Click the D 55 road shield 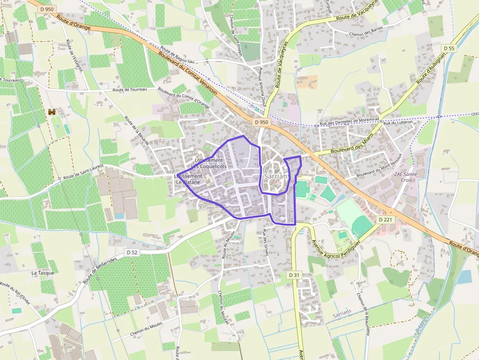[x=449, y=48]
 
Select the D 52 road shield [x=131, y=252]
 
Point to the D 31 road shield [x=294, y=275]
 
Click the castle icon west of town [x=52, y=112]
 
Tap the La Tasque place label [x=43, y=273]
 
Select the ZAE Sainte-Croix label [x=403, y=177]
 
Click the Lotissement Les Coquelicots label [x=209, y=163]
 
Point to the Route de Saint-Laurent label [x=84, y=171]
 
